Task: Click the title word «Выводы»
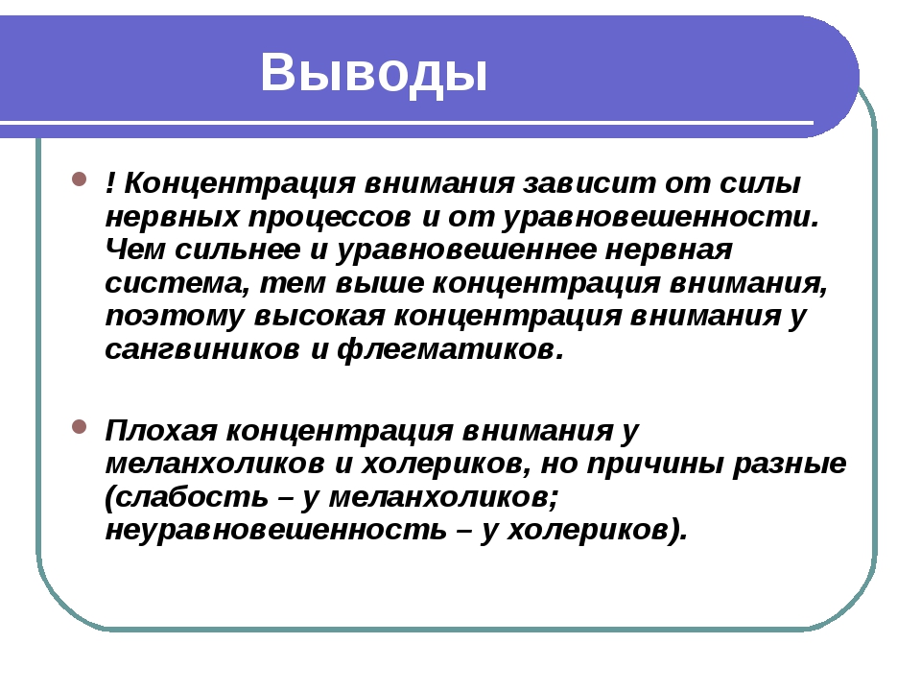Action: pos(373,73)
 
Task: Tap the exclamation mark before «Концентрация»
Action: pos(109,182)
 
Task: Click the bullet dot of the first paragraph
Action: pos(80,179)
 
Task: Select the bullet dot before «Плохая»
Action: pos(80,426)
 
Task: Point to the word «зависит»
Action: pos(588,183)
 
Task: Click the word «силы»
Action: pos(760,183)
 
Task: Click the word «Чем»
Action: pos(135,250)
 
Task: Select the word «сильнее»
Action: pos(238,250)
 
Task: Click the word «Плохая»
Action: pos(161,431)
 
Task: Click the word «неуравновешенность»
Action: pos(276,531)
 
